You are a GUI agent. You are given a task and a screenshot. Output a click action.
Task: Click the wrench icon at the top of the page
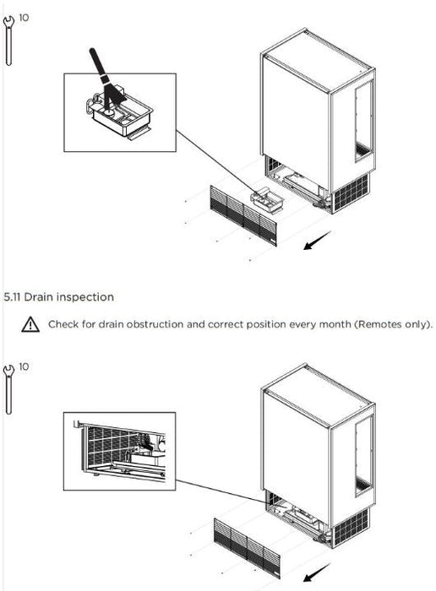click(x=8, y=41)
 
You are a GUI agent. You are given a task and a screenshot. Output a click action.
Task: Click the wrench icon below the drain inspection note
click(x=8, y=390)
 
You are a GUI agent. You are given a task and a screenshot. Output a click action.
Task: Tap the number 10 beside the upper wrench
click(x=24, y=18)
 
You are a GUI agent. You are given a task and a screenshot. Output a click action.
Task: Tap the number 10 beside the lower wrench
click(x=24, y=366)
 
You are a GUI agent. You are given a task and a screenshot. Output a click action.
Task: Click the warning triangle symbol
click(x=30, y=324)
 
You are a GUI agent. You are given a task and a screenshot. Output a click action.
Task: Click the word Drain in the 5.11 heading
click(x=39, y=297)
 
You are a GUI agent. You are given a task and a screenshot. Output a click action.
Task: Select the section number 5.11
click(x=13, y=297)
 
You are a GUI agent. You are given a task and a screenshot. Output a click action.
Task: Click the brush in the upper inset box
click(x=106, y=80)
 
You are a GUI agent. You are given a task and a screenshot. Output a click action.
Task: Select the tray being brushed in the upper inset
click(x=120, y=115)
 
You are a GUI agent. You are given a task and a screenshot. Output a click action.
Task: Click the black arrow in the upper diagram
click(x=317, y=240)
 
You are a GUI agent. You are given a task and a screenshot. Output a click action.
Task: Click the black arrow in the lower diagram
click(x=317, y=573)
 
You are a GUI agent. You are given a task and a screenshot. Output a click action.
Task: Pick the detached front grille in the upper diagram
click(x=243, y=215)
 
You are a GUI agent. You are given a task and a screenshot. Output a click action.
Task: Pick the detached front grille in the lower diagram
click(x=247, y=548)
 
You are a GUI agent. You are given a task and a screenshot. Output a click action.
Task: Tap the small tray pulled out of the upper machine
click(x=267, y=200)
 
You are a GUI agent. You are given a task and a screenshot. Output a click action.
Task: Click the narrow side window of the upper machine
click(x=364, y=122)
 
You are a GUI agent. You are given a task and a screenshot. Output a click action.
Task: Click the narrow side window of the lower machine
click(x=364, y=456)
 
